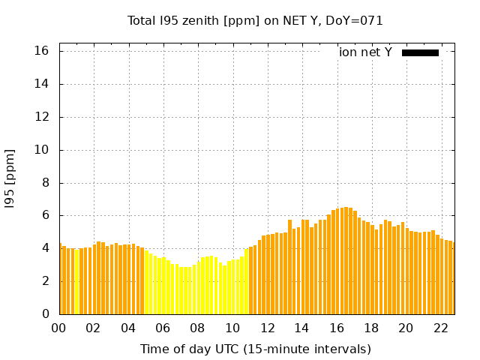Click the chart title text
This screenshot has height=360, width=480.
point(255,20)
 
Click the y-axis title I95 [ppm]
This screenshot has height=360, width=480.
point(10,178)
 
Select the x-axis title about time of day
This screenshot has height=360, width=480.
point(255,349)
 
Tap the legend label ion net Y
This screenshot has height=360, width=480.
point(365,52)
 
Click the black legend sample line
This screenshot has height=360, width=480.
point(420,52)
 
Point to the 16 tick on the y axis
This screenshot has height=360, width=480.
point(41,51)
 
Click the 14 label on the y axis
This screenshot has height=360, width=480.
point(41,84)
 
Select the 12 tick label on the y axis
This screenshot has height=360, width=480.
point(41,117)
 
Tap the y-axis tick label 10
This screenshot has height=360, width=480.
point(41,150)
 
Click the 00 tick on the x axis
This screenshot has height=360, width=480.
point(59,328)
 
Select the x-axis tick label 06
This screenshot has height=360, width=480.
point(163,328)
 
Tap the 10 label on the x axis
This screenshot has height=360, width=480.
point(232,328)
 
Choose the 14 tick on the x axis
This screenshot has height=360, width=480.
point(301,328)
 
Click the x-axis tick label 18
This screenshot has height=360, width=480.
point(371,328)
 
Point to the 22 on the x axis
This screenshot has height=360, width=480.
point(440,328)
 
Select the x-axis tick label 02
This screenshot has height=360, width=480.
point(94,328)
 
